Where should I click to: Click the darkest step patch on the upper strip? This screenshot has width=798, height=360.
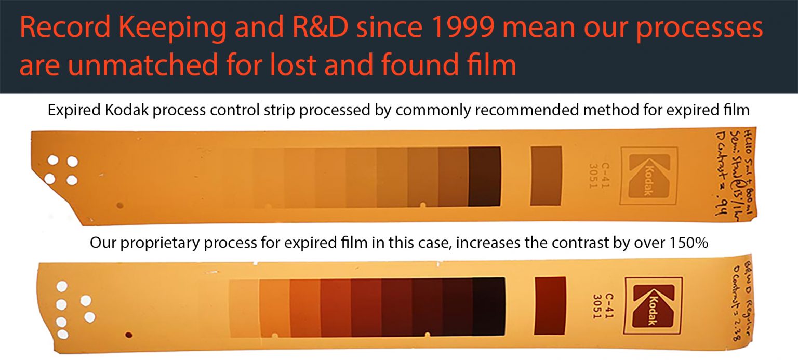tap(484, 176)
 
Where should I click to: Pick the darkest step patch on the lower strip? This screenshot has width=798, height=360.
tap(488, 306)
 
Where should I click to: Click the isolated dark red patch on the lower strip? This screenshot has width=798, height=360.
tap(550, 305)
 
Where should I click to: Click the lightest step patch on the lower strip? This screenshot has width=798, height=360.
tap(244, 306)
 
